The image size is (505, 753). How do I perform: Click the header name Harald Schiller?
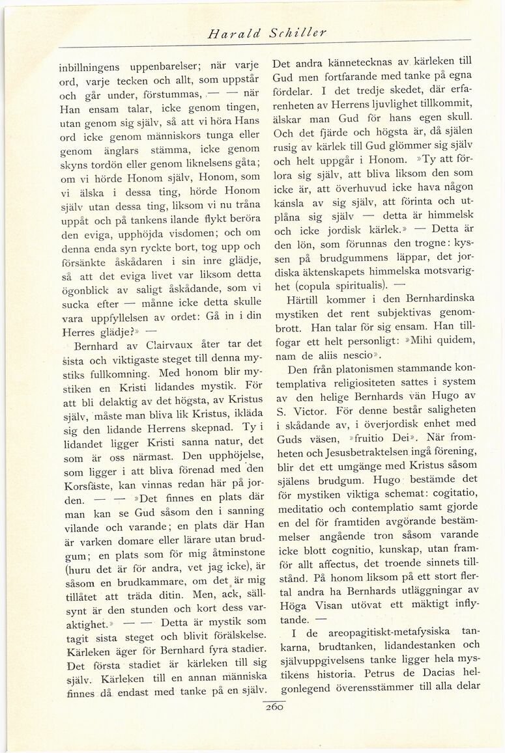266,32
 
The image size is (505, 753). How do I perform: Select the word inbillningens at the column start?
93,67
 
